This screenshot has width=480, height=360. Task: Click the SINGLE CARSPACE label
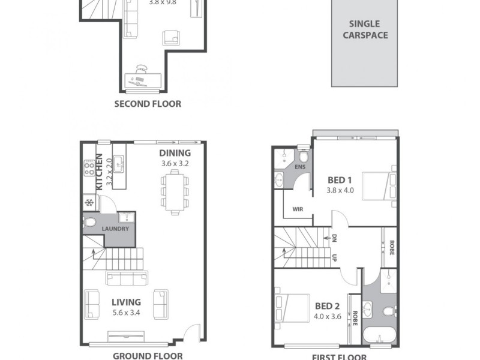pyautogui.click(x=365, y=29)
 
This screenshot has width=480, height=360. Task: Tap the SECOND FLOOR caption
pyautogui.click(x=148, y=104)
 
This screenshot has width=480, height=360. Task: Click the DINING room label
pyautogui.click(x=175, y=152)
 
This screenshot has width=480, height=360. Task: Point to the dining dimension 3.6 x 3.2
pyautogui.click(x=175, y=163)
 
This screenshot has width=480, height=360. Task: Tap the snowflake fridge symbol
pyautogui.click(x=89, y=202)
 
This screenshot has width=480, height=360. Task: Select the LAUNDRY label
pyautogui.click(x=115, y=229)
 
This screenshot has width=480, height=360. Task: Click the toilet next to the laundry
pyautogui.click(x=90, y=224)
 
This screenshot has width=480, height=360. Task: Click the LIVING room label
pyautogui.click(x=125, y=302)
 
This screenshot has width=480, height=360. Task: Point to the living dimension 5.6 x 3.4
pyautogui.click(x=125, y=313)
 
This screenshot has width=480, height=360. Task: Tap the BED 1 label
pyautogui.click(x=339, y=180)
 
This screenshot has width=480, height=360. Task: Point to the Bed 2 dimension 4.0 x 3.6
pyautogui.click(x=328, y=316)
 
